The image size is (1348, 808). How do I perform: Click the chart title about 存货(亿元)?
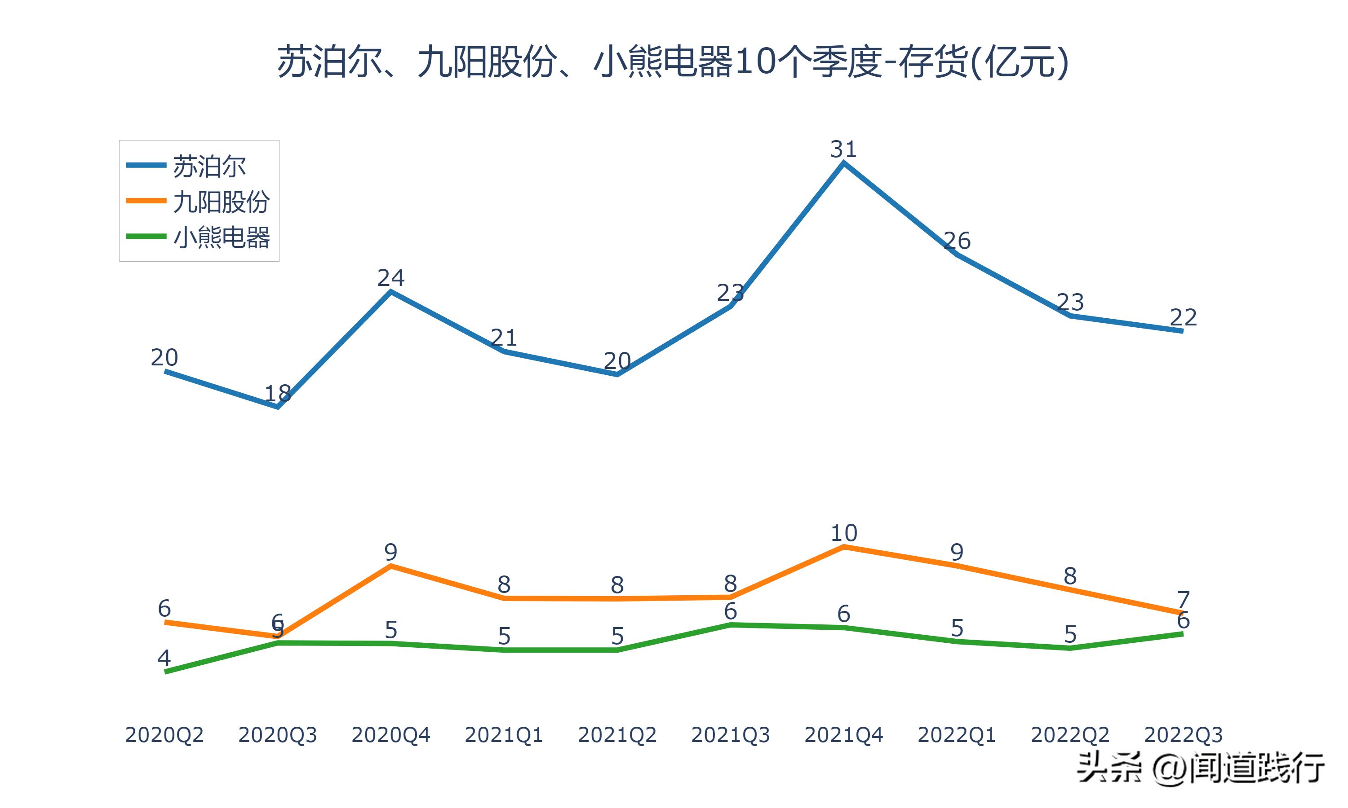pyautogui.click(x=673, y=61)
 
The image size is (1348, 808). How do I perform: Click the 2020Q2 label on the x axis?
pyautogui.click(x=164, y=735)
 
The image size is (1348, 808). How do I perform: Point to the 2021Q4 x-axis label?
pyautogui.click(x=843, y=735)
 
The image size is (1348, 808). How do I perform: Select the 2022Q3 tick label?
pyautogui.click(x=1183, y=735)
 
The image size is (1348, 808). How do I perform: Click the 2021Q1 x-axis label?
pyautogui.click(x=504, y=735)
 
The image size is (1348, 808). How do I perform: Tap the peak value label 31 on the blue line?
pyautogui.click(x=843, y=149)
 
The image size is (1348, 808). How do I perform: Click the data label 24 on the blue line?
pyautogui.click(x=390, y=278)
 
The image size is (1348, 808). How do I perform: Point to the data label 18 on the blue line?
pyautogui.click(x=277, y=393)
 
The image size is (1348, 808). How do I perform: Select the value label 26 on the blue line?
pyautogui.click(x=957, y=241)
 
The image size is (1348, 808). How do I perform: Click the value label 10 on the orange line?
pyautogui.click(x=843, y=533)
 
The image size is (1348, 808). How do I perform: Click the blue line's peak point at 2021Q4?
pyautogui.click(x=843, y=163)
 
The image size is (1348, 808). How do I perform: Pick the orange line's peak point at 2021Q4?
pyautogui.click(x=843, y=547)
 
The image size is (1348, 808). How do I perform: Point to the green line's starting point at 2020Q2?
pyautogui.click(x=166, y=672)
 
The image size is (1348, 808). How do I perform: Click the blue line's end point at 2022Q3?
pyautogui.click(x=1182, y=330)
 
